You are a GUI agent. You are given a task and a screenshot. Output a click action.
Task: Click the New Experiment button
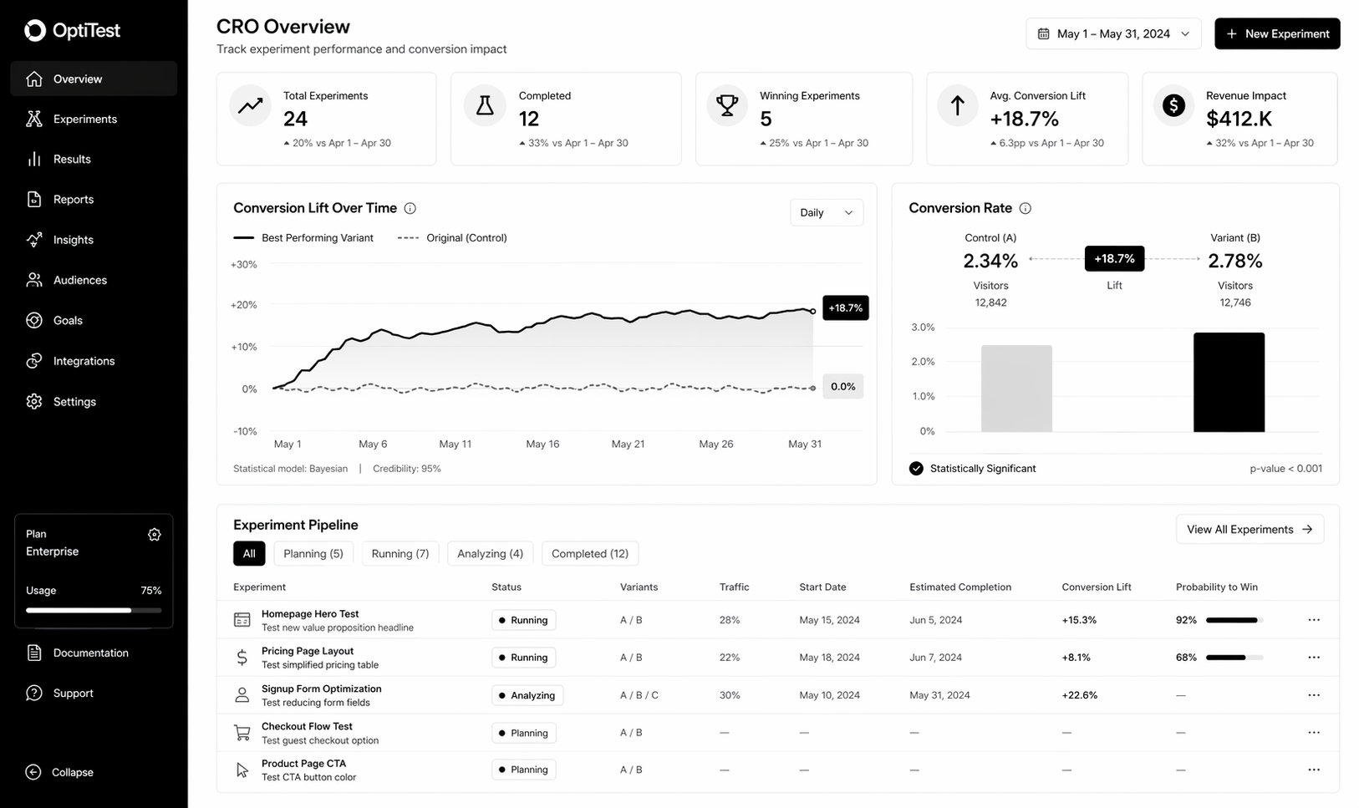tap(1276, 33)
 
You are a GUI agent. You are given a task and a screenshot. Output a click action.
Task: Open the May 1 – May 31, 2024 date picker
tap(1112, 33)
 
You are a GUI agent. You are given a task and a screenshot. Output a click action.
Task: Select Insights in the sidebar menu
tap(73, 240)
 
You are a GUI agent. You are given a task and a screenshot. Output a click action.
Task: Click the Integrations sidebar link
tap(84, 361)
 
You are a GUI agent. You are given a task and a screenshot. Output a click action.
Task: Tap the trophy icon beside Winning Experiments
tap(727, 105)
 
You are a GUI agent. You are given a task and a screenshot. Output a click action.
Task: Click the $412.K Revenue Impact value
tap(1239, 119)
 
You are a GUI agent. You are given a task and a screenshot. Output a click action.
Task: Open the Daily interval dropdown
tap(826, 212)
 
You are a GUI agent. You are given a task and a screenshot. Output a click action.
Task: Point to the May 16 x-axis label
tap(542, 444)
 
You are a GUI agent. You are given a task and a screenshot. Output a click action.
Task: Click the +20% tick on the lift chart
tap(243, 305)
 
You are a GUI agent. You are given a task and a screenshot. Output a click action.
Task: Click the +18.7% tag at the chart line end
tap(845, 307)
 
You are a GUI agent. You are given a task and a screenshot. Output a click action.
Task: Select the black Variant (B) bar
tap(1228, 382)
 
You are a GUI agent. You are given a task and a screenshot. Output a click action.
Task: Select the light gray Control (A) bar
tap(1015, 389)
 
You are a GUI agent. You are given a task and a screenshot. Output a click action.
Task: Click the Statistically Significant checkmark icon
tap(916, 468)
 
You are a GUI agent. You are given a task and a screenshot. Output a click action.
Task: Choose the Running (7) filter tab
tap(400, 553)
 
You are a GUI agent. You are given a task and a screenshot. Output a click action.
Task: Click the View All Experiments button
tap(1249, 529)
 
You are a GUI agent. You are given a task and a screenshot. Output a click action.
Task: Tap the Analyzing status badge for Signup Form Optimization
tap(527, 695)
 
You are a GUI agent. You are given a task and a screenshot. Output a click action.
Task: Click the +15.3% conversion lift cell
tap(1079, 620)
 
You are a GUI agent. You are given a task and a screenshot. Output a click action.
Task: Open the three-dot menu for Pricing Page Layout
tap(1313, 658)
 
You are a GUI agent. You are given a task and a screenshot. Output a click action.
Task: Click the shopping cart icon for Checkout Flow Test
tap(242, 733)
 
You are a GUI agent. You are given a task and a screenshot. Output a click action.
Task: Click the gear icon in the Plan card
tap(154, 535)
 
